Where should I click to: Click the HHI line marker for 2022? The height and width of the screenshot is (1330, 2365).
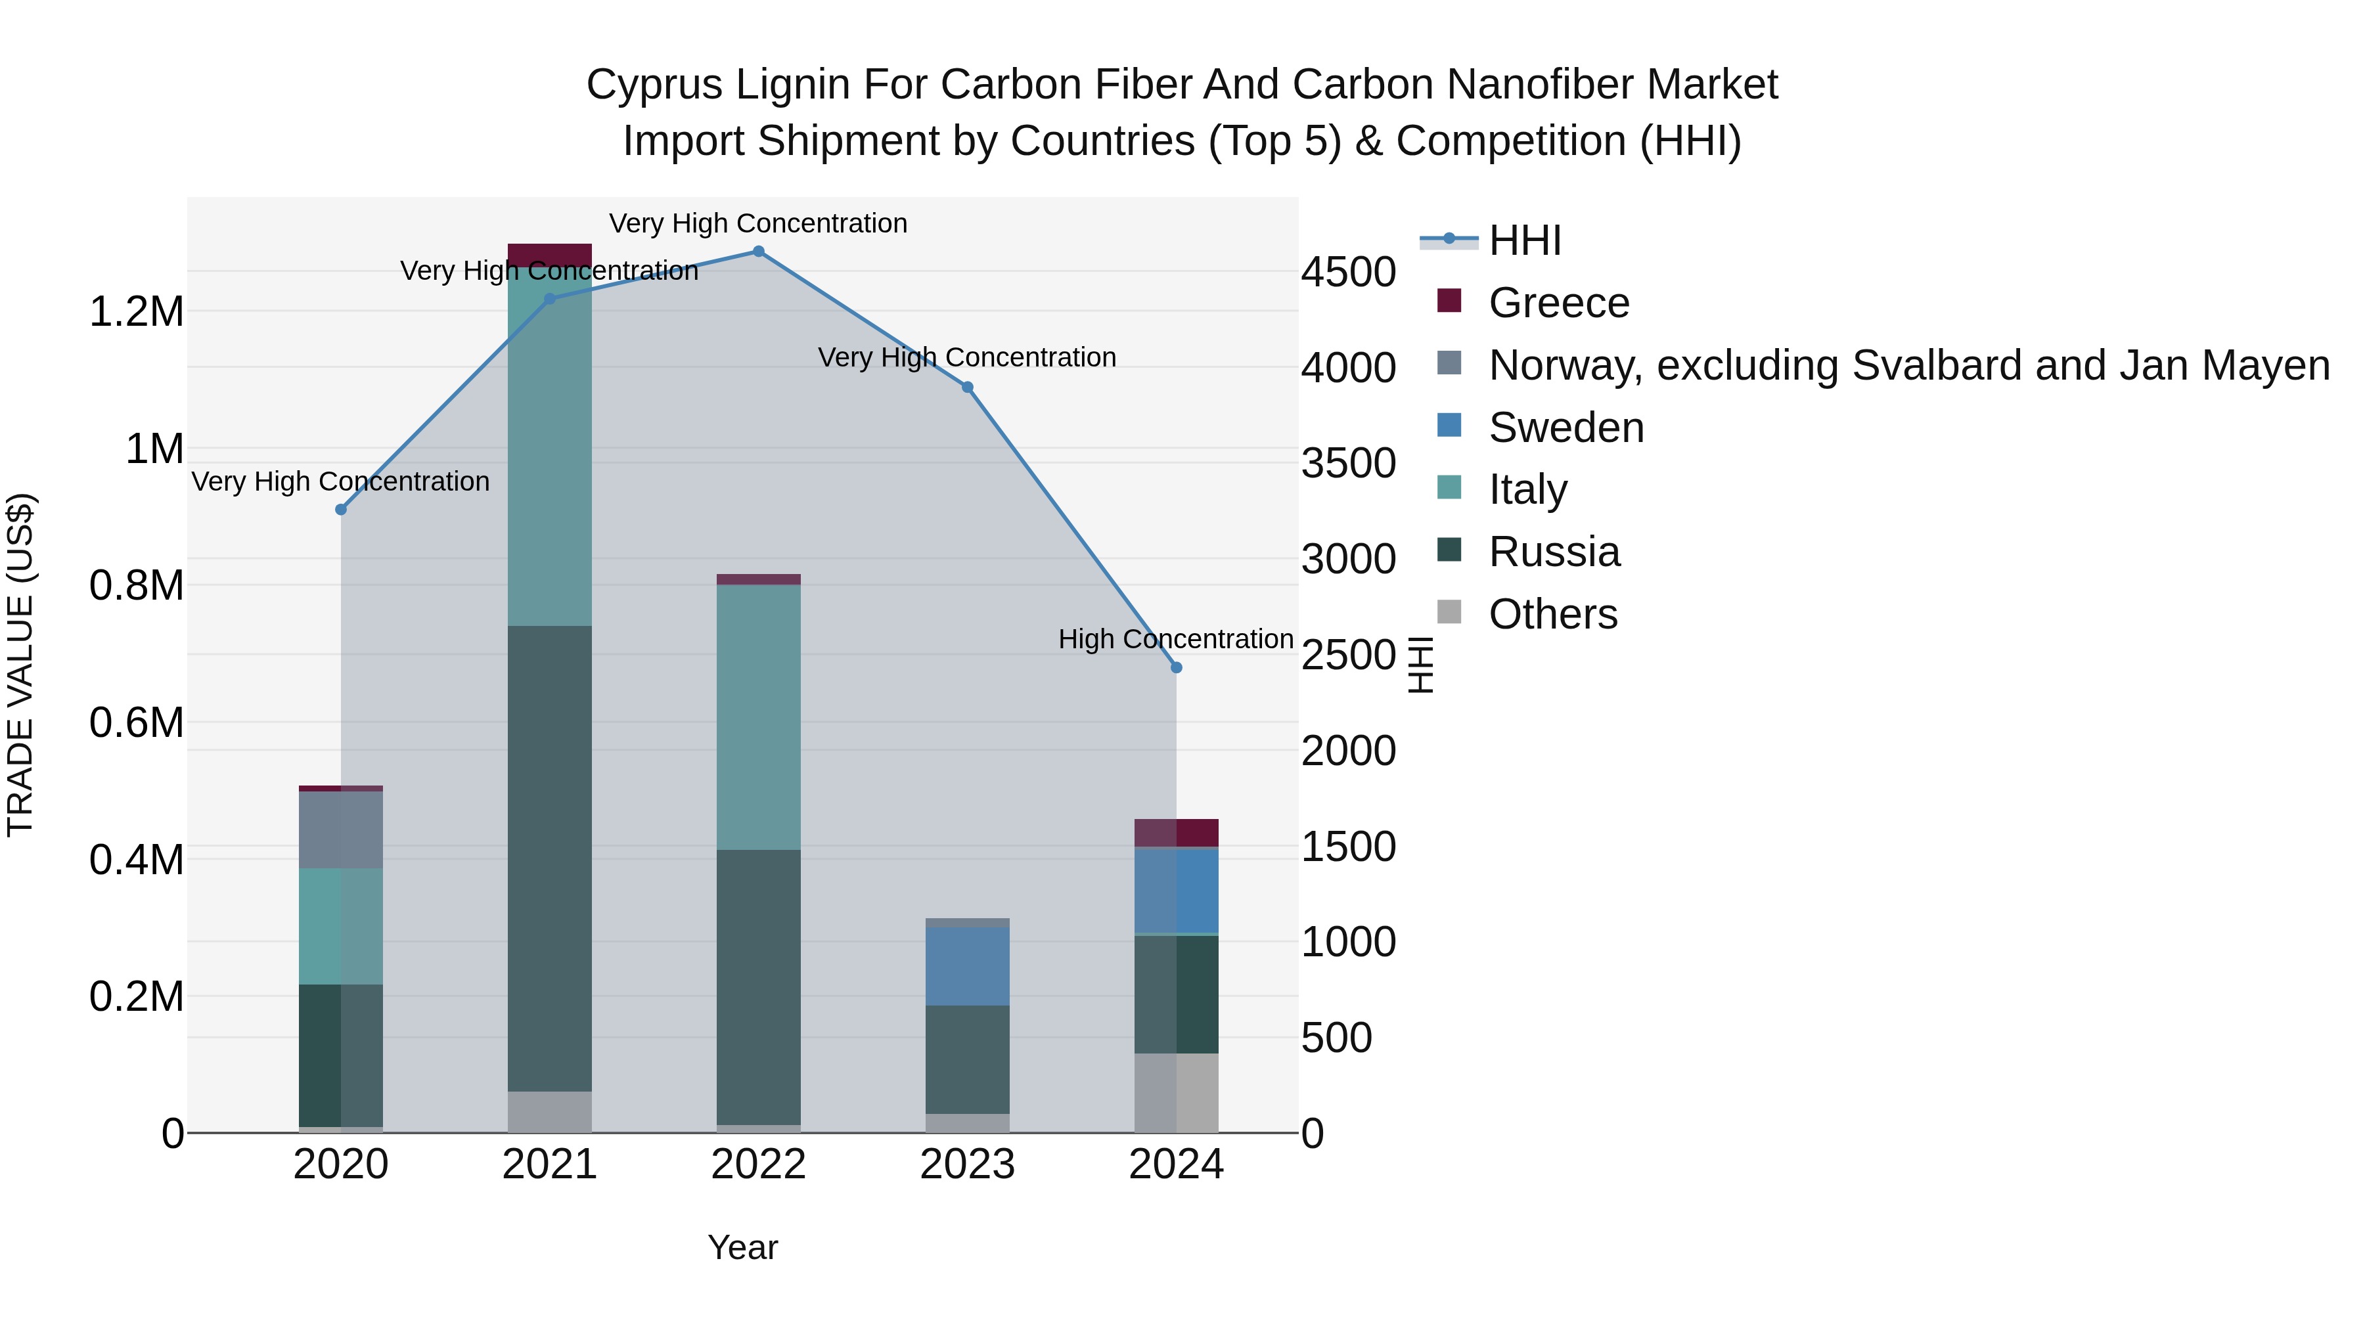758,252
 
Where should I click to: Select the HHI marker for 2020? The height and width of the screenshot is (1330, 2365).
340,510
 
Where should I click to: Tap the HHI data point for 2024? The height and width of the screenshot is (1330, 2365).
1176,667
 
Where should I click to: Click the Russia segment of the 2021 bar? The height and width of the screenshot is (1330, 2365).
549,858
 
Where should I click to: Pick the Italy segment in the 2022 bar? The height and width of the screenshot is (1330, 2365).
758,716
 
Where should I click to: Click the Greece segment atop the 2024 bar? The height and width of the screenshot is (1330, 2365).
1176,833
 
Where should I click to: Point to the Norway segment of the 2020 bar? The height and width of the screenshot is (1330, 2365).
340,829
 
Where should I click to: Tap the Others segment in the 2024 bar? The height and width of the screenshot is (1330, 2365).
1176,1092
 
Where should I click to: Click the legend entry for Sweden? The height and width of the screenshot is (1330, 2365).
1565,428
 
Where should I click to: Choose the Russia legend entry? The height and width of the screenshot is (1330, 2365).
1554,552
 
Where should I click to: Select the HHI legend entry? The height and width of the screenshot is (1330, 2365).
1524,240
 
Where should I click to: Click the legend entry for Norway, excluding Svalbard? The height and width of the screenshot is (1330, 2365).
1908,365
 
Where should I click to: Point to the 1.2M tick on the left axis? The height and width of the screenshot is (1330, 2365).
136,312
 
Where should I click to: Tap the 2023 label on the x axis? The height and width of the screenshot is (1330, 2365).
967,1164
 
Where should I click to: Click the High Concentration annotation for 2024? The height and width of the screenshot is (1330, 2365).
1175,639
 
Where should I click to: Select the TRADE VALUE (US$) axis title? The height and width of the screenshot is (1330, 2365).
20,665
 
